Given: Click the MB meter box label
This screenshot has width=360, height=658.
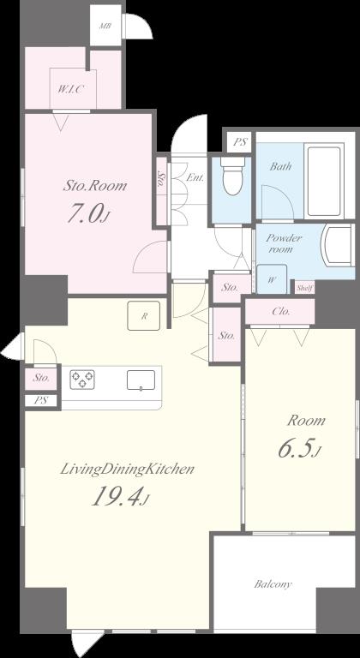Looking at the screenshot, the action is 105,26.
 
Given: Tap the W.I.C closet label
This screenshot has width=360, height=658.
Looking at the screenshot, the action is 71,89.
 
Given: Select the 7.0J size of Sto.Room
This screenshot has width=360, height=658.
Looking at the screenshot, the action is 89,213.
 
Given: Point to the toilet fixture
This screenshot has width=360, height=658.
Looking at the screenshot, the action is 232,176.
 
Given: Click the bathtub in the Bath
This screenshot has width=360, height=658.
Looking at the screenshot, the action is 323,181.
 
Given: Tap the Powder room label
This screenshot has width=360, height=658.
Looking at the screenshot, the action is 284,243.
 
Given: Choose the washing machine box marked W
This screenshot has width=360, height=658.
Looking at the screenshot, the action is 272,279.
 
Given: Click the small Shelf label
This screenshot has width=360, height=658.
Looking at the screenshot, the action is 304,288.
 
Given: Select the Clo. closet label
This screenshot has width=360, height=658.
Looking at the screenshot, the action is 280,311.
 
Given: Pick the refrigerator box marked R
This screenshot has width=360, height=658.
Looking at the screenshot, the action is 144,315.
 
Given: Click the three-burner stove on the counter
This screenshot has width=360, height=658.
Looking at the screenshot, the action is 82,379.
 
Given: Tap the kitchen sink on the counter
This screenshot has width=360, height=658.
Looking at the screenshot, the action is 141,380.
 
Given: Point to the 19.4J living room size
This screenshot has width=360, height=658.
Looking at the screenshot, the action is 120,497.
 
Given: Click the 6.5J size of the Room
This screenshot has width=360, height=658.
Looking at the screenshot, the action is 299,449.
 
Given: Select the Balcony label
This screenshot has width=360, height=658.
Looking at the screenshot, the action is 273,583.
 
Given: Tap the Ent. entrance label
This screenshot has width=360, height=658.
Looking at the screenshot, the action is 195,177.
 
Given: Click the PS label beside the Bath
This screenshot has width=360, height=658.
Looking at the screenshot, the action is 240,142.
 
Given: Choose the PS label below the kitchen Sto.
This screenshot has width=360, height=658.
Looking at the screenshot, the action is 40,400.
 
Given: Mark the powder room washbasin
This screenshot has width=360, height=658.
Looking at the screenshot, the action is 337,245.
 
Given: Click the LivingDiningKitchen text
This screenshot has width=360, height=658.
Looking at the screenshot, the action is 127,470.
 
